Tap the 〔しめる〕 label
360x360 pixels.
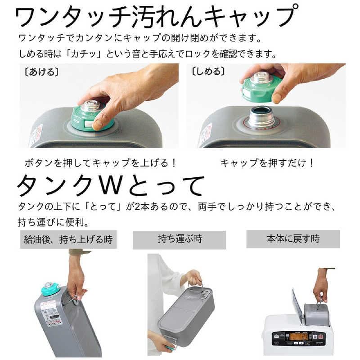[208, 72]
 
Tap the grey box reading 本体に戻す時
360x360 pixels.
[292, 238]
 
